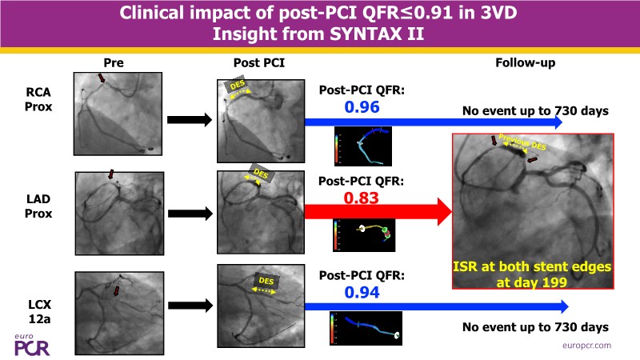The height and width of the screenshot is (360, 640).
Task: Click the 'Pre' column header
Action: tap(114, 62)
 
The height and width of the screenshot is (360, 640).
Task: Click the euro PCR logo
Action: tap(31, 342)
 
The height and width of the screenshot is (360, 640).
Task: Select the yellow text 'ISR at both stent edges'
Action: tap(533, 266)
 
